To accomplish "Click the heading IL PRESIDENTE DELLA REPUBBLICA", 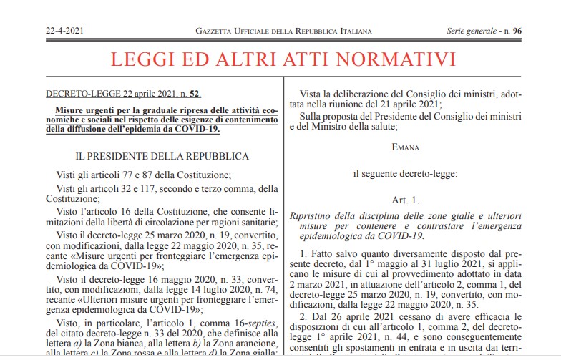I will pyautogui.click(x=162, y=155).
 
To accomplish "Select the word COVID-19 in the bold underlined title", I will pyautogui.click(x=194, y=129).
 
